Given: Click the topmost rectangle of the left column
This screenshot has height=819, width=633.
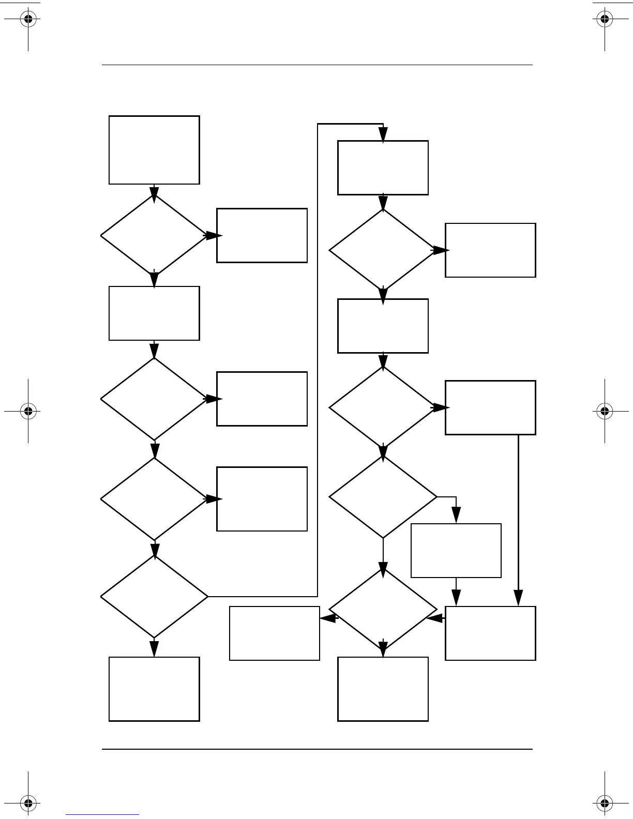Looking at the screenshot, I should tap(154, 150).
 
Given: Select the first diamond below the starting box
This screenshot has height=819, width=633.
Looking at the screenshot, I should tap(154, 236).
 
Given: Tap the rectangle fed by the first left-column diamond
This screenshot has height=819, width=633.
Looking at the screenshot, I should tap(262, 236).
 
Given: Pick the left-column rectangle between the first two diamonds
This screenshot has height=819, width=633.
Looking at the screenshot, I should tap(154, 313).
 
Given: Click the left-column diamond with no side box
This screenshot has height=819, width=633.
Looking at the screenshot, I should tap(154, 597).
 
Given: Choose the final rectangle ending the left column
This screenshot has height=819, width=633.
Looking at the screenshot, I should tap(154, 689).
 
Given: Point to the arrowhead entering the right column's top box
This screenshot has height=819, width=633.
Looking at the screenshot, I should tap(383, 135).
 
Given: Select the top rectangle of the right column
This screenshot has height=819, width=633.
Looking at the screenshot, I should tap(383, 168).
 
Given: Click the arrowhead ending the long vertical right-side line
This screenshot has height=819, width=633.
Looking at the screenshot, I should tap(518, 599).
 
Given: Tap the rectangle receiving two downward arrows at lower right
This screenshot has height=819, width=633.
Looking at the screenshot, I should tap(490, 633).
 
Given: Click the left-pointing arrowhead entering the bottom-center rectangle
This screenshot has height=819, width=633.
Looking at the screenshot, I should tap(327, 617).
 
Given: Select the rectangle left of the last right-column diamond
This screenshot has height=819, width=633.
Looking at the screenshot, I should tap(274, 633).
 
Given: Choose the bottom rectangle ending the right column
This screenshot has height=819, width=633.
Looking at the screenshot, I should tap(383, 689).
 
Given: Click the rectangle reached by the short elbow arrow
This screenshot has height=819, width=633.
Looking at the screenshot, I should tap(456, 550).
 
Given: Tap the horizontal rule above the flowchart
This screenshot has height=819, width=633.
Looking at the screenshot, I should tap(317, 65).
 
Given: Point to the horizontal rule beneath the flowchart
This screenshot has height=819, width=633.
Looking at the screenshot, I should tap(317, 749).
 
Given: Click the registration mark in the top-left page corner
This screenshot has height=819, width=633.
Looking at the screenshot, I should tap(28, 20).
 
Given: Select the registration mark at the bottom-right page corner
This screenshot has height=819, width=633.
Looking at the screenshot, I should tap(604, 803).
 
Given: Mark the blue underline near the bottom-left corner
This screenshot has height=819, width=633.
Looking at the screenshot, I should tap(102, 815).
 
